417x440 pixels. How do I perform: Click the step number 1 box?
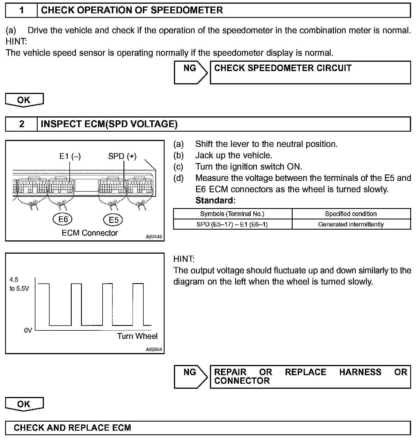coord(22,10)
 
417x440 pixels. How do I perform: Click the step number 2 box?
coord(22,124)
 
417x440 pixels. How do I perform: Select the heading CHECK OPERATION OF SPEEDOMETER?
coord(132,10)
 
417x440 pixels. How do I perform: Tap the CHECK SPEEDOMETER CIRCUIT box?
coord(310,72)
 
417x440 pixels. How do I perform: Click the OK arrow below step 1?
coord(24,100)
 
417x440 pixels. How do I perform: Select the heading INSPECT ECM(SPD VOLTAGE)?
coord(109,124)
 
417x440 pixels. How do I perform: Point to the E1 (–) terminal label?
coord(70,156)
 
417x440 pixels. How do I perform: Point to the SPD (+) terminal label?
coord(122,156)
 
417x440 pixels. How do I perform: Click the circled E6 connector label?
coord(63,219)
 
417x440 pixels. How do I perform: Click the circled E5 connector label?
coord(113,220)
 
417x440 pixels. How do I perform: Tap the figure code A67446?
coord(154,237)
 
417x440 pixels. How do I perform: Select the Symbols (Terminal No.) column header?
coord(232,214)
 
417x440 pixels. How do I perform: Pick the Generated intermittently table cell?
coord(351,224)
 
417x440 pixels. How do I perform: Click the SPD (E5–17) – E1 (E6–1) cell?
coord(232,224)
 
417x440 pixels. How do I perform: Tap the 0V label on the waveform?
coord(28,330)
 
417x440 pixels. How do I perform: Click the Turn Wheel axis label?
coord(137,336)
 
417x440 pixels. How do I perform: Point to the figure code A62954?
coord(154,349)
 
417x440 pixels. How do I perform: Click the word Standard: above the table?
coord(215,200)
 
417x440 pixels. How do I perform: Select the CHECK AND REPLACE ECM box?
coord(208,428)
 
